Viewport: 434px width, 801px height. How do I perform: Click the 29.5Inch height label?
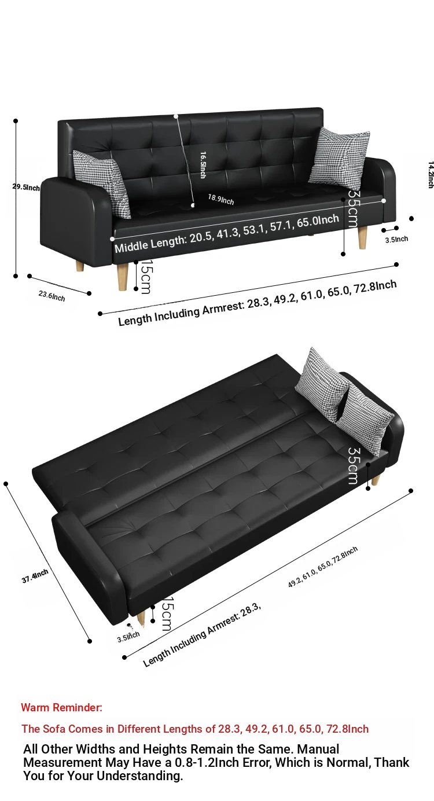click(26, 187)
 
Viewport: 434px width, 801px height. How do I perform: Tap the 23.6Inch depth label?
click(52, 296)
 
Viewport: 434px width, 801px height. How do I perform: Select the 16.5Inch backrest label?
click(203, 165)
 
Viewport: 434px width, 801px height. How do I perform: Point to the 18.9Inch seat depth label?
click(221, 199)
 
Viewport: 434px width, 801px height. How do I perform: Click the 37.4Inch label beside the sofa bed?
click(35, 576)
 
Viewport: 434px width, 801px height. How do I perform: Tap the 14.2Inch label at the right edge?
click(431, 175)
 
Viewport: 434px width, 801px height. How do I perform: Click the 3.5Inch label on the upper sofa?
click(396, 239)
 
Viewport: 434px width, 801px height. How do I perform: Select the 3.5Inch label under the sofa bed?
click(128, 637)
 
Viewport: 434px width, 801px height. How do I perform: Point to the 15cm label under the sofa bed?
click(167, 613)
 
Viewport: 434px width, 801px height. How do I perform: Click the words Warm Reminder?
click(61, 707)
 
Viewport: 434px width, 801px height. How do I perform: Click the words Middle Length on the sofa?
click(150, 243)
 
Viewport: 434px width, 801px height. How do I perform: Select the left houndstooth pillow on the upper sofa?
click(102, 183)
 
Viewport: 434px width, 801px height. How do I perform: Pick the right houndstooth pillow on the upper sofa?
click(339, 157)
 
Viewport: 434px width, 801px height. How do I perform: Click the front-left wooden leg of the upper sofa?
click(123, 277)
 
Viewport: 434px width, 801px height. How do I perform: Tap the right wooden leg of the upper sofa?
click(362, 238)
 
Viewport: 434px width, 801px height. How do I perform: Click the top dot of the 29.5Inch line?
click(16, 121)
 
